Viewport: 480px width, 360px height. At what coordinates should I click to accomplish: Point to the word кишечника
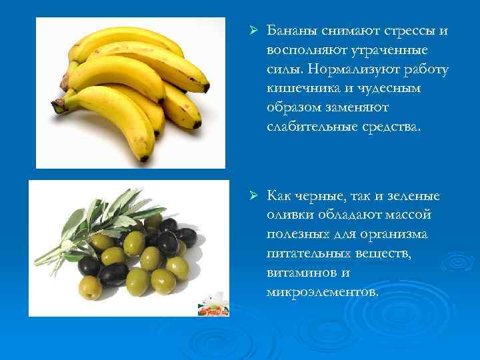point(297,89)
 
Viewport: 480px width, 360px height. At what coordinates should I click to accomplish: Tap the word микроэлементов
point(321,292)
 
